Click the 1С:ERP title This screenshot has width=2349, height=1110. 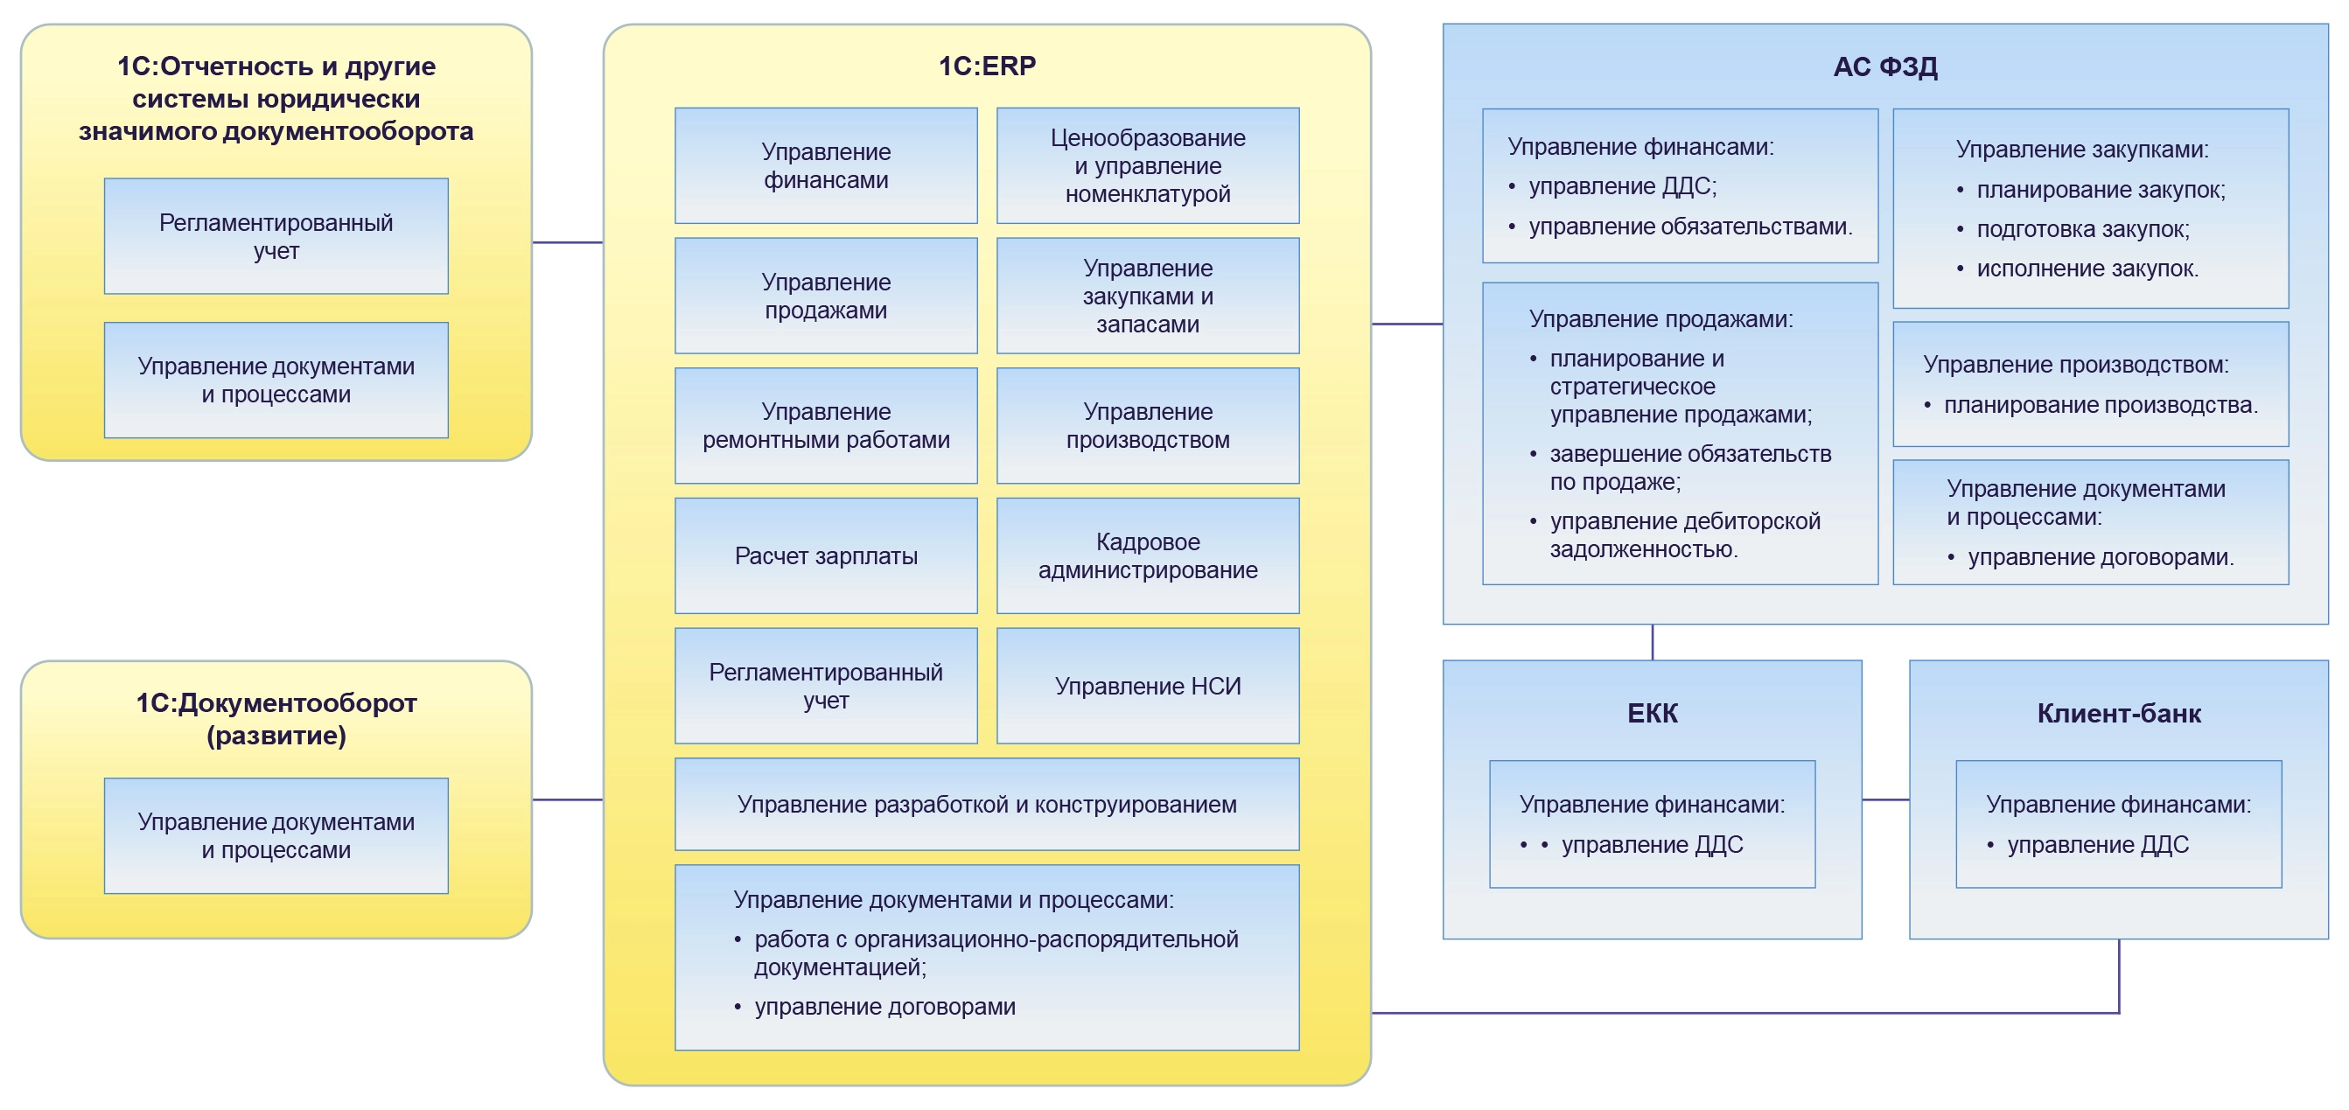tap(987, 66)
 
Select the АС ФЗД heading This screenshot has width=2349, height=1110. tap(1884, 67)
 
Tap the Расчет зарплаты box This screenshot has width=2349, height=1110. tap(825, 555)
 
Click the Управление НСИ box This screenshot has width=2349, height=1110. tap(1147, 686)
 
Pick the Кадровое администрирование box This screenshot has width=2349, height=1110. tap(1147, 555)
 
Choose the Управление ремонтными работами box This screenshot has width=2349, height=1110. tap(825, 426)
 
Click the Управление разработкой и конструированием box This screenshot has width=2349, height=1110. tap(987, 805)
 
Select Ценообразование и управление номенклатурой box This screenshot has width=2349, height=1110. tap(1147, 166)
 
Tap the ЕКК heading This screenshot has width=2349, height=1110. tap(1652, 713)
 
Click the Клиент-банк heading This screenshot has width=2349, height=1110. tap(2118, 713)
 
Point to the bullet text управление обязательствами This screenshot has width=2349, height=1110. tap(1689, 227)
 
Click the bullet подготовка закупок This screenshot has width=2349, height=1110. tap(2082, 229)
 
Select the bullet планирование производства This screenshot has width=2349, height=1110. tap(2100, 405)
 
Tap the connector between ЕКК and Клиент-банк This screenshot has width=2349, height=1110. tap(1884, 799)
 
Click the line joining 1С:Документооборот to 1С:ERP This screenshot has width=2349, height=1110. tap(567, 799)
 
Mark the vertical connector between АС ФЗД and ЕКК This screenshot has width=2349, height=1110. tap(1653, 642)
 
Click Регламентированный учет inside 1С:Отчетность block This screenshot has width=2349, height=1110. tap(276, 236)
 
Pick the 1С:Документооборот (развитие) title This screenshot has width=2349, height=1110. tap(276, 719)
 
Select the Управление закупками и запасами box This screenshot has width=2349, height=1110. tap(1147, 296)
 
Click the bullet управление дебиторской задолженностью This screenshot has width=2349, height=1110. tap(1683, 534)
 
